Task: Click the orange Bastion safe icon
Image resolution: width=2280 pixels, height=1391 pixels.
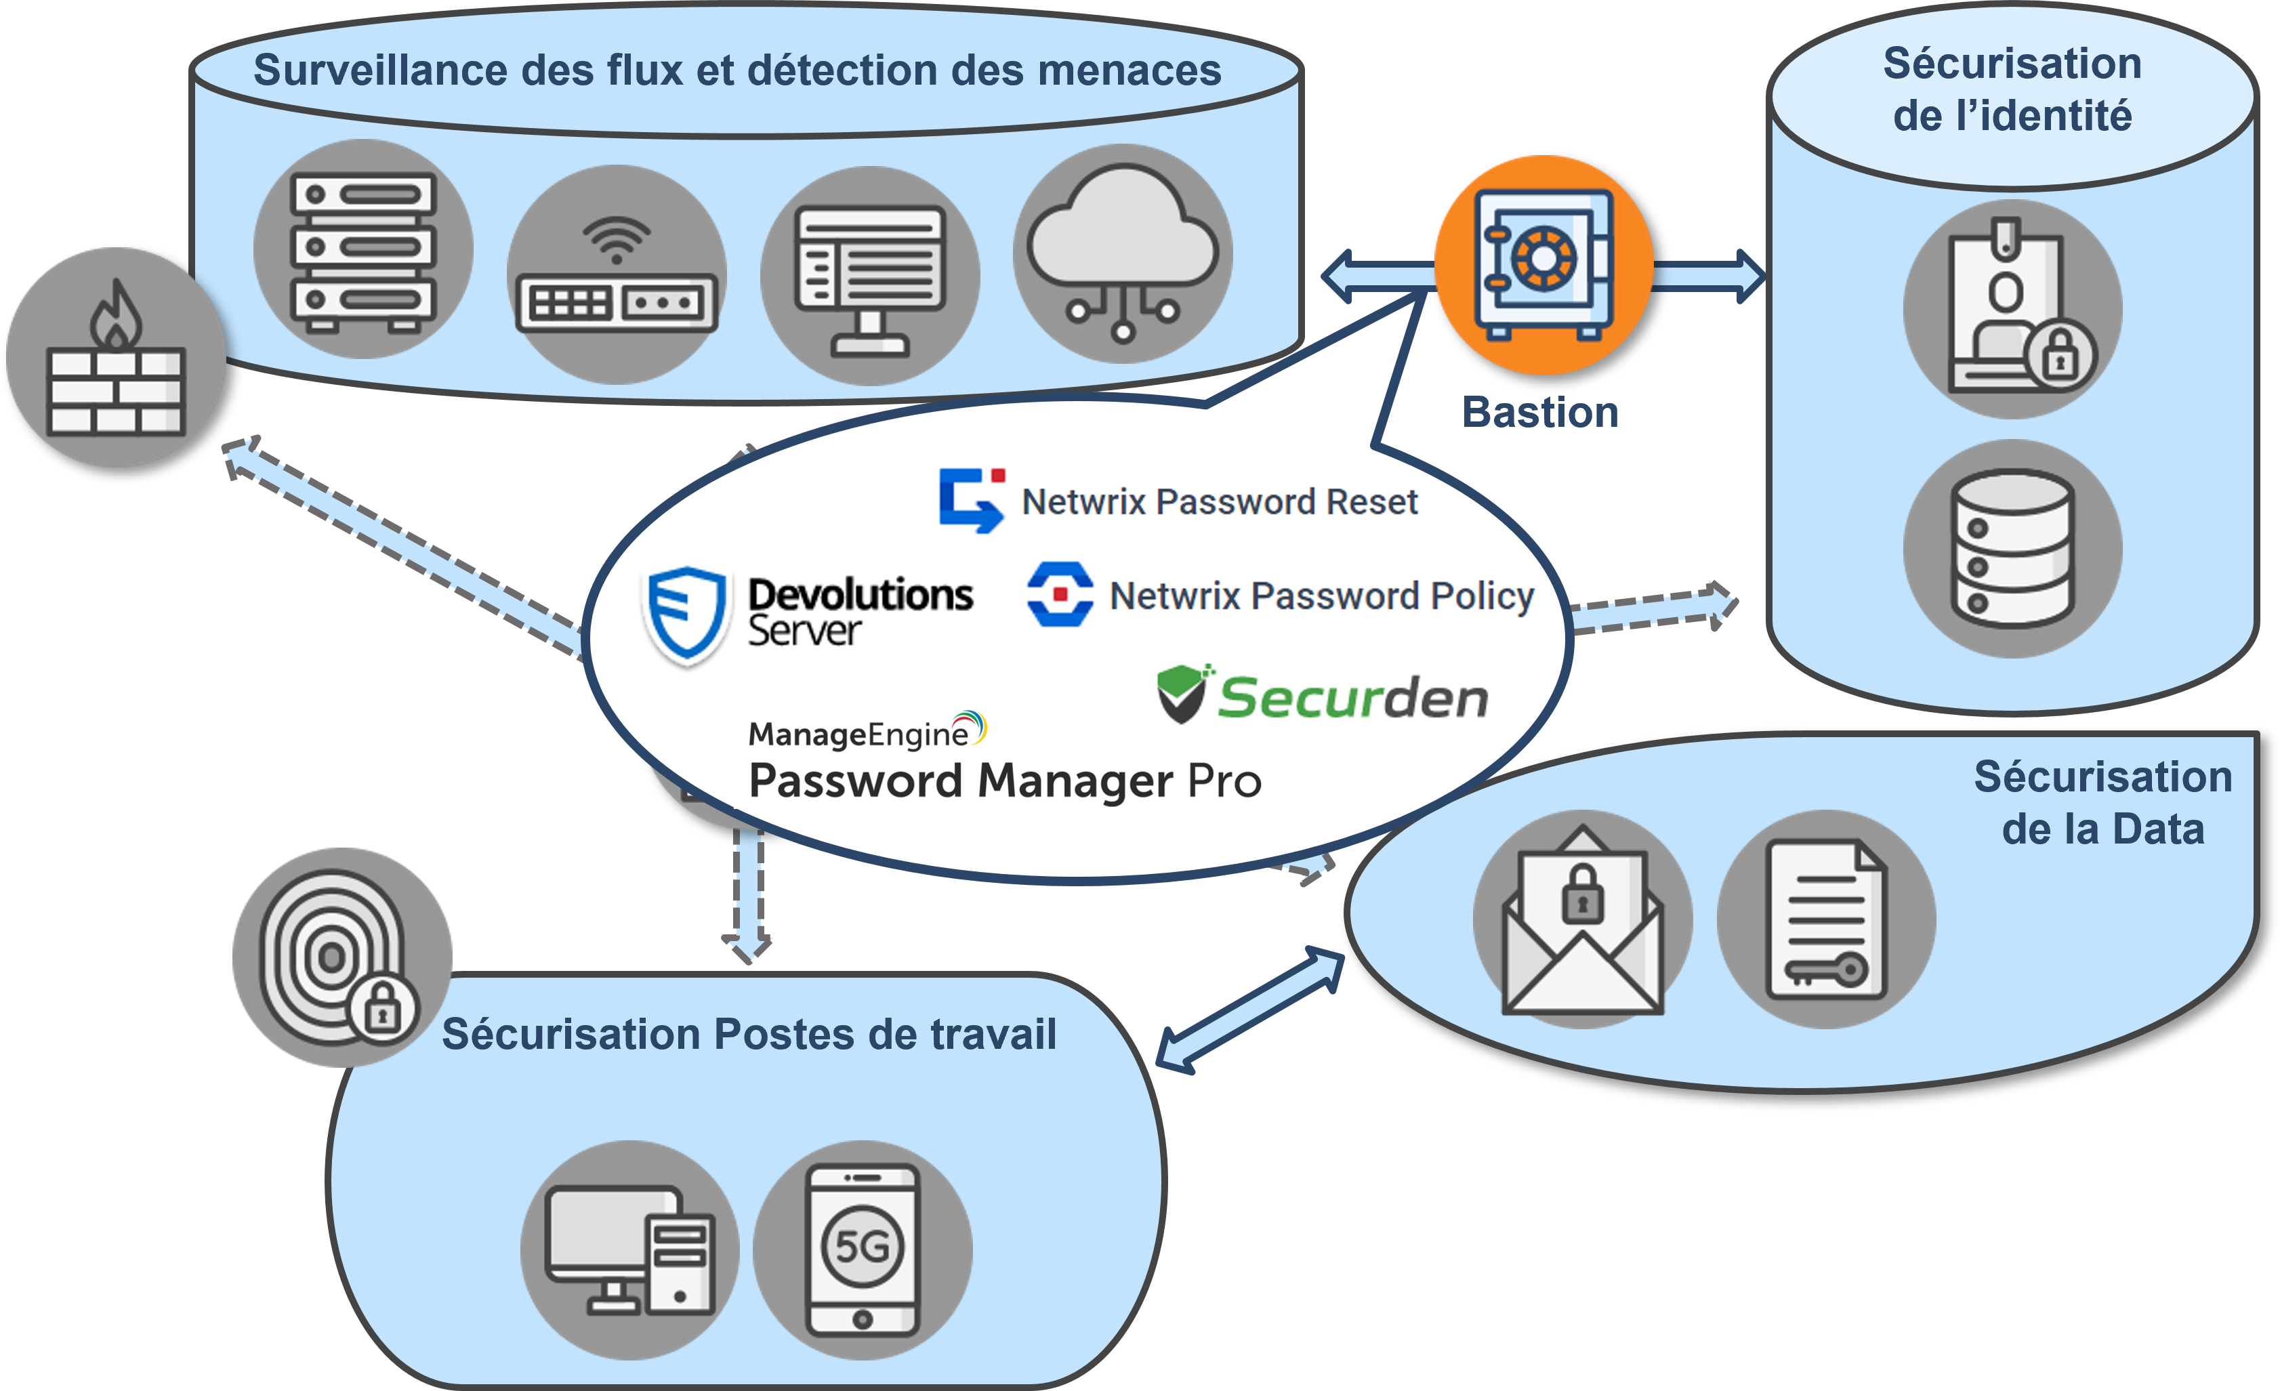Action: point(1543,265)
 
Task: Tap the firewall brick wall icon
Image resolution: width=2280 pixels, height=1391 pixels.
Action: point(116,358)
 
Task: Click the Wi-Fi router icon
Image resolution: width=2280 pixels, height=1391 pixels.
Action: point(617,276)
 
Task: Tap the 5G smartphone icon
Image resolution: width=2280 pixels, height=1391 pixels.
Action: point(863,1249)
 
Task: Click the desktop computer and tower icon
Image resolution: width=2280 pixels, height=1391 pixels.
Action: point(629,1249)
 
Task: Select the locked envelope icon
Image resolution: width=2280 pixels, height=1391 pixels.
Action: point(1582,920)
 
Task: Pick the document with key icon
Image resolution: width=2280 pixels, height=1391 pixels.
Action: point(1825,920)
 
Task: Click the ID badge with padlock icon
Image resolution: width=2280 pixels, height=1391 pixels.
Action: point(2012,309)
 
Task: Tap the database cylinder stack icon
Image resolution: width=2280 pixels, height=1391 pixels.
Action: point(2012,549)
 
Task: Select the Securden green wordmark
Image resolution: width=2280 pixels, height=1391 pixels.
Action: point(1352,698)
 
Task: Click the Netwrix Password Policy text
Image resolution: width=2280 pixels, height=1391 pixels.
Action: point(1321,596)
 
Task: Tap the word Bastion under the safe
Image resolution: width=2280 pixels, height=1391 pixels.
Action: point(1539,413)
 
